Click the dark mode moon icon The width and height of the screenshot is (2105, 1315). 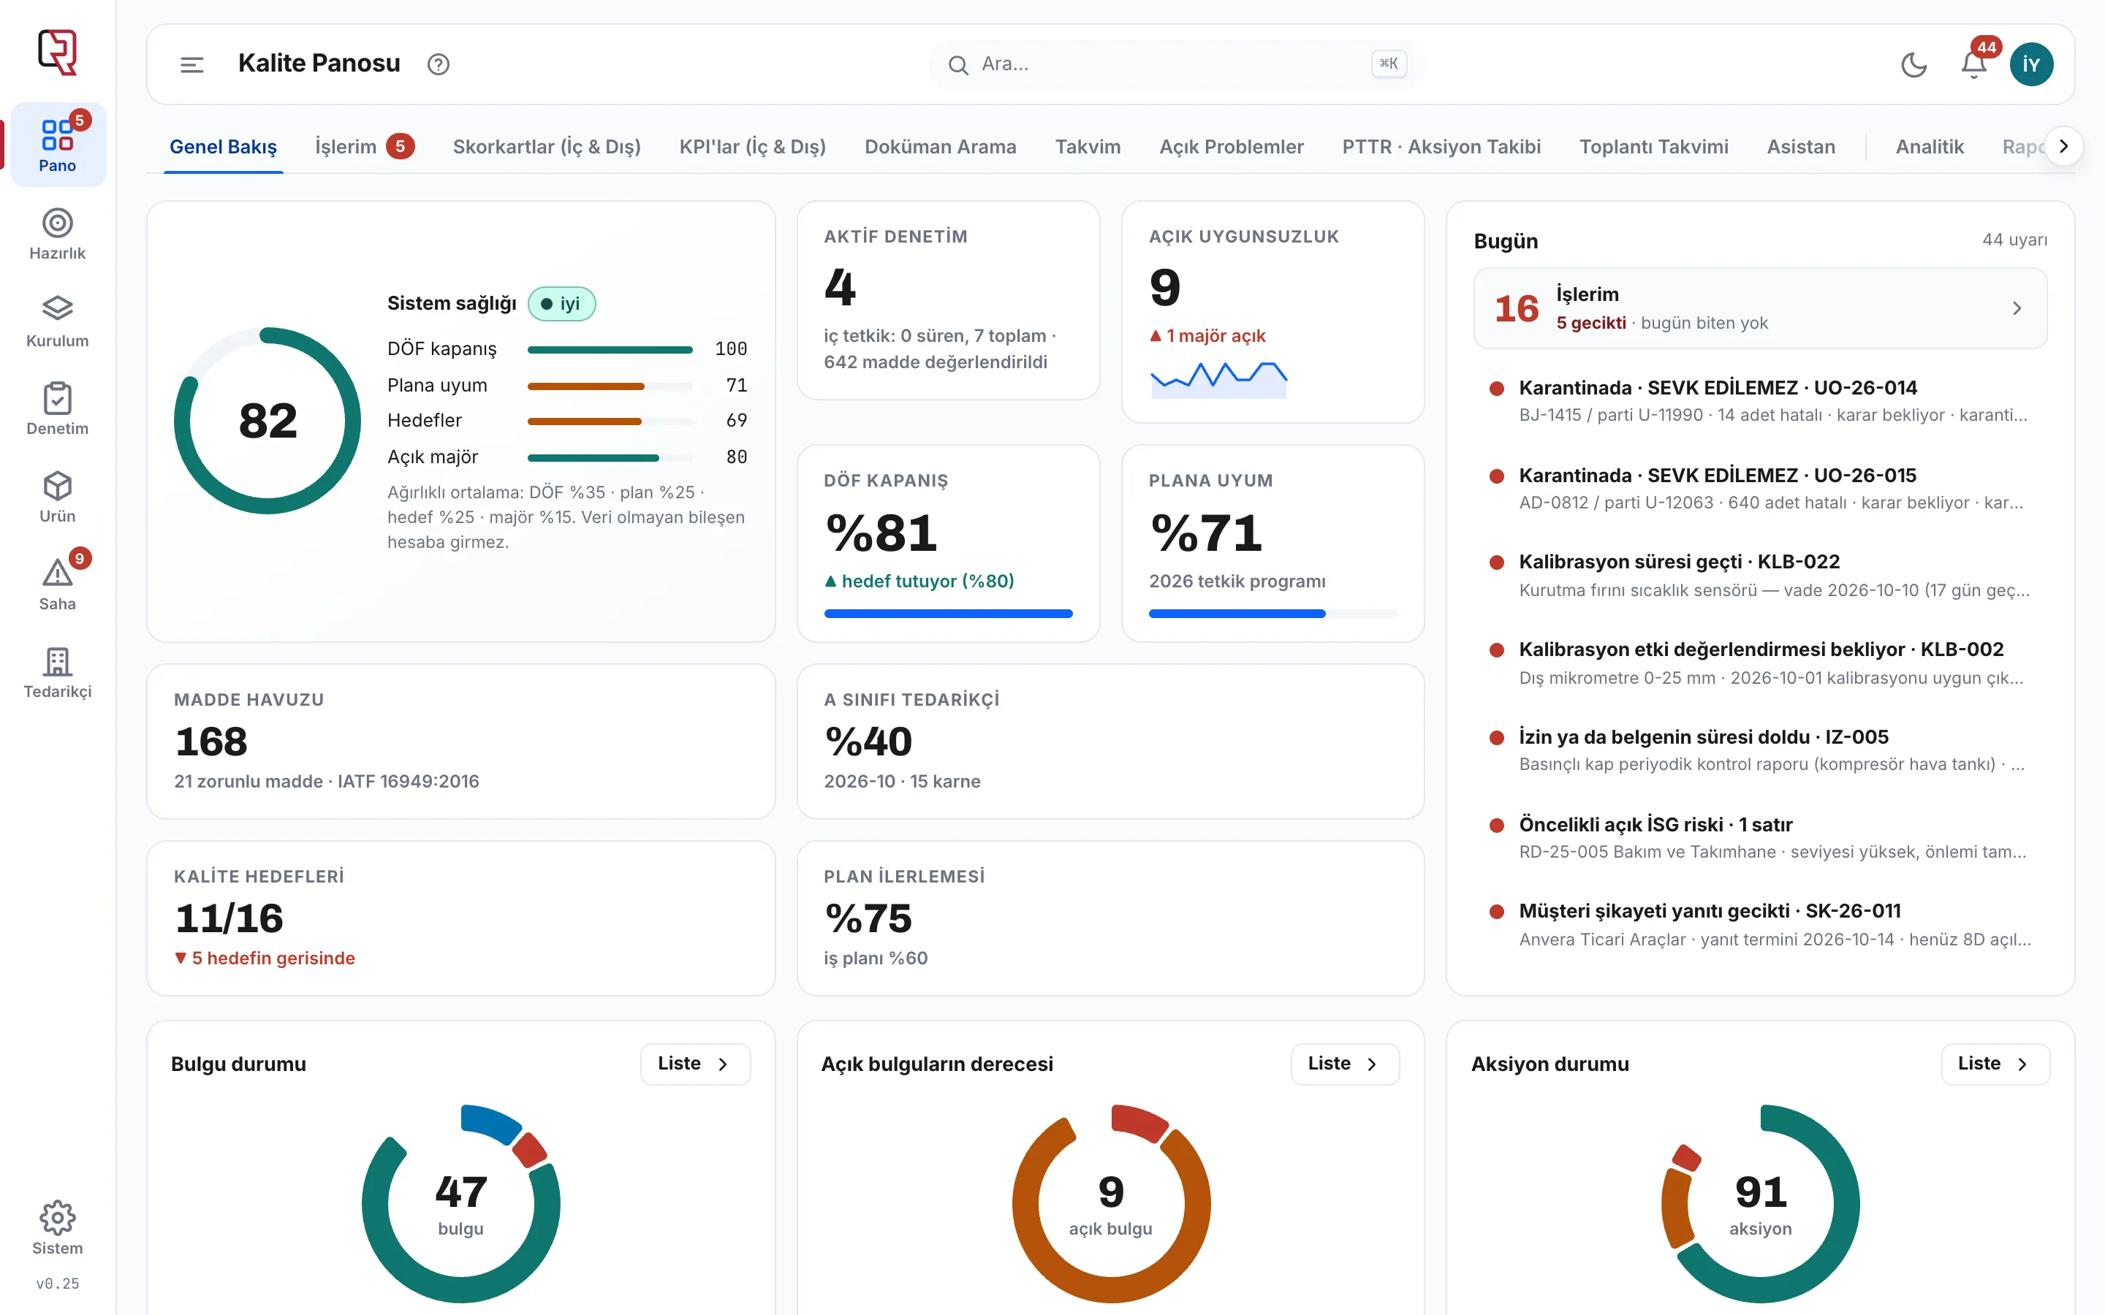tap(1914, 64)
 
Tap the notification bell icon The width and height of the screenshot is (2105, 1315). tap(1973, 64)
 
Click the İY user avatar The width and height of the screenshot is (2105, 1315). tap(2031, 64)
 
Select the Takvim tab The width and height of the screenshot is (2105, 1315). tap(1088, 146)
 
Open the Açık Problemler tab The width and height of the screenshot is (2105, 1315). tap(1231, 146)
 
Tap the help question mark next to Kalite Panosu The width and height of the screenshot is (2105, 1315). tap(439, 64)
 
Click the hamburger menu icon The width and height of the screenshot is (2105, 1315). tap(191, 64)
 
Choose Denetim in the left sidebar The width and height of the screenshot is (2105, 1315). tap(58, 409)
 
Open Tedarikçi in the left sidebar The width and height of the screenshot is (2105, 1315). tap(58, 672)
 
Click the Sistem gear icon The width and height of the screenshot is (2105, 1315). tap(58, 1218)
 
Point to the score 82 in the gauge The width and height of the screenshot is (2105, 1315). tap(268, 421)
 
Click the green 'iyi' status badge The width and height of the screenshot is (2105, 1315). tap(561, 303)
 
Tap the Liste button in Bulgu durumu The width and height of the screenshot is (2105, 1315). tap(695, 1064)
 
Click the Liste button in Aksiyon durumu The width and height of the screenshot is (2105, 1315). tap(1995, 1064)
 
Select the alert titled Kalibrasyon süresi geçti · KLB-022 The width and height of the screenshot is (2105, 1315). tap(1679, 562)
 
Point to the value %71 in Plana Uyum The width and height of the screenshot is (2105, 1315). tap(1205, 533)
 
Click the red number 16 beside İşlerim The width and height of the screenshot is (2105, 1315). tap(1516, 309)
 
